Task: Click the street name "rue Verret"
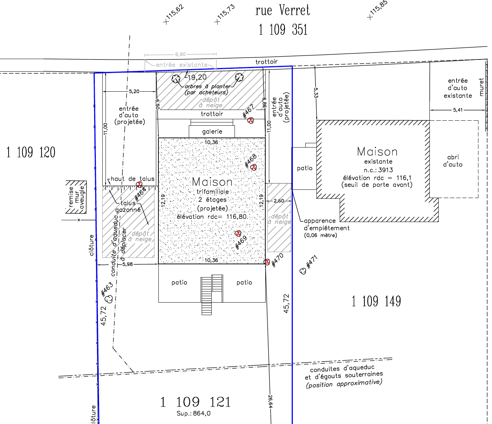[283, 10]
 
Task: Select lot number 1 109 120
[31, 152]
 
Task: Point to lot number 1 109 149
[376, 301]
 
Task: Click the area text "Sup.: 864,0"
[193, 413]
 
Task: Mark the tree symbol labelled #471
[303, 271]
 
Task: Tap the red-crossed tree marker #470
[267, 262]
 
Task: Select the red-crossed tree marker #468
[254, 167]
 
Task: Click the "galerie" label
[212, 131]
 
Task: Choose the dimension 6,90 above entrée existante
[180, 54]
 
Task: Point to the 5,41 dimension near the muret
[458, 110]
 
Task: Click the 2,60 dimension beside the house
[279, 201]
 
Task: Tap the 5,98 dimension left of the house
[128, 264]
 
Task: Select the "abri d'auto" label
[453, 161]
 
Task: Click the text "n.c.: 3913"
[378, 170]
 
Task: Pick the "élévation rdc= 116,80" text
[212, 217]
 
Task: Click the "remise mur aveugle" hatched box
[76, 197]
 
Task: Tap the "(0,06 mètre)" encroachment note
[320, 235]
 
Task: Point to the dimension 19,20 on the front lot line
[197, 77]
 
